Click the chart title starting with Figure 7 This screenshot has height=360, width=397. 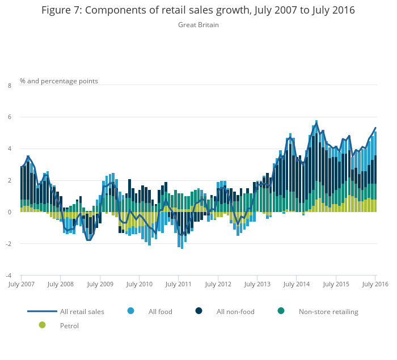click(x=198, y=10)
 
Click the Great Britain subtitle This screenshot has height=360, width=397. click(x=198, y=25)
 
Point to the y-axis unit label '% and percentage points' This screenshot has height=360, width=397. click(x=59, y=81)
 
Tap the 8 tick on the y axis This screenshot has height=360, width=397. click(x=9, y=86)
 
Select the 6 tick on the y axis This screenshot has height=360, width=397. click(x=9, y=117)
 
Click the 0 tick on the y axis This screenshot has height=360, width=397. click(x=9, y=212)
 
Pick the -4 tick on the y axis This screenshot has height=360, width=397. click(x=8, y=276)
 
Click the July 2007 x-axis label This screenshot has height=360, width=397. click(x=21, y=284)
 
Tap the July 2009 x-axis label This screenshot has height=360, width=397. click(x=100, y=284)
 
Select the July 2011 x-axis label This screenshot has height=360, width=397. click(x=178, y=284)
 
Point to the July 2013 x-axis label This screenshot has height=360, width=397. click(x=257, y=284)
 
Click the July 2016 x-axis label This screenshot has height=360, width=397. click(x=376, y=284)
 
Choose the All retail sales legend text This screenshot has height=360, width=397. click(x=82, y=311)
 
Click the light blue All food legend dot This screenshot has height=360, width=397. click(x=131, y=311)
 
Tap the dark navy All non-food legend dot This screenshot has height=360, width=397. click(x=199, y=311)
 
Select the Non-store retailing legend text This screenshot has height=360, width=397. click(x=328, y=311)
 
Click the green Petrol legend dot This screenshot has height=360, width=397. click(x=42, y=325)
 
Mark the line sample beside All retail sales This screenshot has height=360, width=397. click(x=42, y=311)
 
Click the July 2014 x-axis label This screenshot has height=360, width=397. click(x=296, y=284)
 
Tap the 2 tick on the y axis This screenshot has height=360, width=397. click(x=9, y=180)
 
